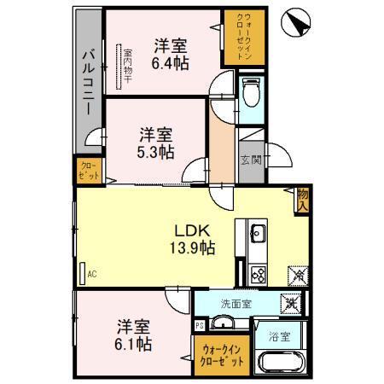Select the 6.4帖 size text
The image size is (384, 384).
172,62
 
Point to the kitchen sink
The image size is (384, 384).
258,234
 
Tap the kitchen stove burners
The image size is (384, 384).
258,274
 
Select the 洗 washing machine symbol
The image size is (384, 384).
292,301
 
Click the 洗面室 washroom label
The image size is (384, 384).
236,303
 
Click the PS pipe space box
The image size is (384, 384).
200,325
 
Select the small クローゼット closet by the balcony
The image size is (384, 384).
89,170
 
